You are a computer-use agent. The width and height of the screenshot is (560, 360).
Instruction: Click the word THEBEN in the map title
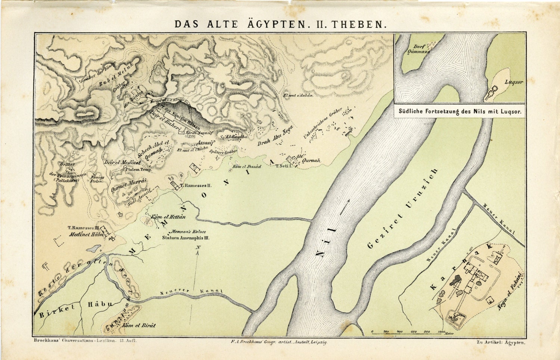coord(358,24)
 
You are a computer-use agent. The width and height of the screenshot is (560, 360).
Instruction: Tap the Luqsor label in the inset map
coord(514,82)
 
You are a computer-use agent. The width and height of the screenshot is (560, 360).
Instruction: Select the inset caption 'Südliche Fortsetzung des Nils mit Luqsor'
coord(460,111)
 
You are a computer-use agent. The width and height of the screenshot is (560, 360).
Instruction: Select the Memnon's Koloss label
coord(189,232)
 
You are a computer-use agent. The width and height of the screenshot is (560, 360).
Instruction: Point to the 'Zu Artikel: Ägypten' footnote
coord(501,342)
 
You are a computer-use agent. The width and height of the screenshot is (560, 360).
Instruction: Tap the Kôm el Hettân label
coord(168,217)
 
